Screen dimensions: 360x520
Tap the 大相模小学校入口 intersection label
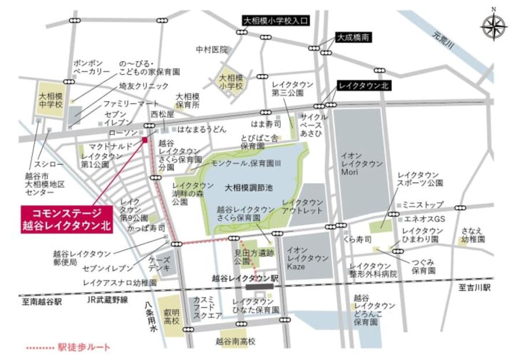276,21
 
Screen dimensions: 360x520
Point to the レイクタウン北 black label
364,86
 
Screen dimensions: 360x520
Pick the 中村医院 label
211,50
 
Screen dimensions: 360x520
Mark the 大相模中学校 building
51,98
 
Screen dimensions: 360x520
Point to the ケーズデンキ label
159,263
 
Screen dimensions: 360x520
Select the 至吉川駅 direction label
474,287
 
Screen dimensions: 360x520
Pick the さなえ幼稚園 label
473,235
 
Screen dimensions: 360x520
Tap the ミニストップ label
423,205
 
